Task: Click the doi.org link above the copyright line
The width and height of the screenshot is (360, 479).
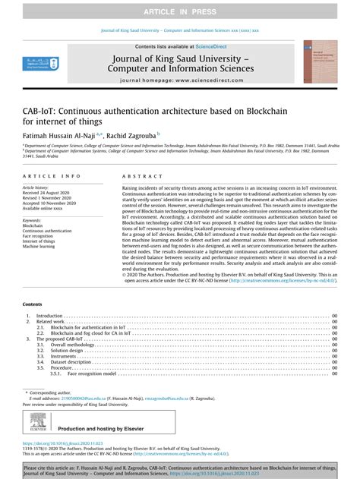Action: (64, 443)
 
